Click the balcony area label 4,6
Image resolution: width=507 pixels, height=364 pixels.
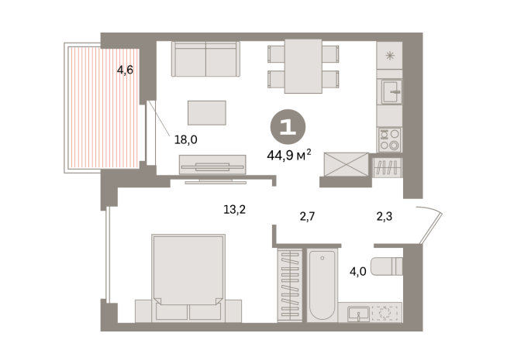click(x=125, y=70)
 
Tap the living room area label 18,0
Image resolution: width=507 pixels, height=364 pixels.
click(x=186, y=139)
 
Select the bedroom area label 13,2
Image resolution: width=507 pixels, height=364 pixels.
click(x=235, y=208)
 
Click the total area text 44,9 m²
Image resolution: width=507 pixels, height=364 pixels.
click(x=288, y=153)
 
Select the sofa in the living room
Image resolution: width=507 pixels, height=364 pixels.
click(x=205, y=59)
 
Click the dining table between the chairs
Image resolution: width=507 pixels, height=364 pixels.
click(x=303, y=65)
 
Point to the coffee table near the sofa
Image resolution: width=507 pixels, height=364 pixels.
click(x=206, y=112)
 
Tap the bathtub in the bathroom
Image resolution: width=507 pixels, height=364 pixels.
click(x=321, y=284)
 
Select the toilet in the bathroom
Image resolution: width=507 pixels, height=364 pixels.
click(x=386, y=266)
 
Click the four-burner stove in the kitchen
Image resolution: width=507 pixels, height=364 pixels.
click(x=388, y=139)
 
